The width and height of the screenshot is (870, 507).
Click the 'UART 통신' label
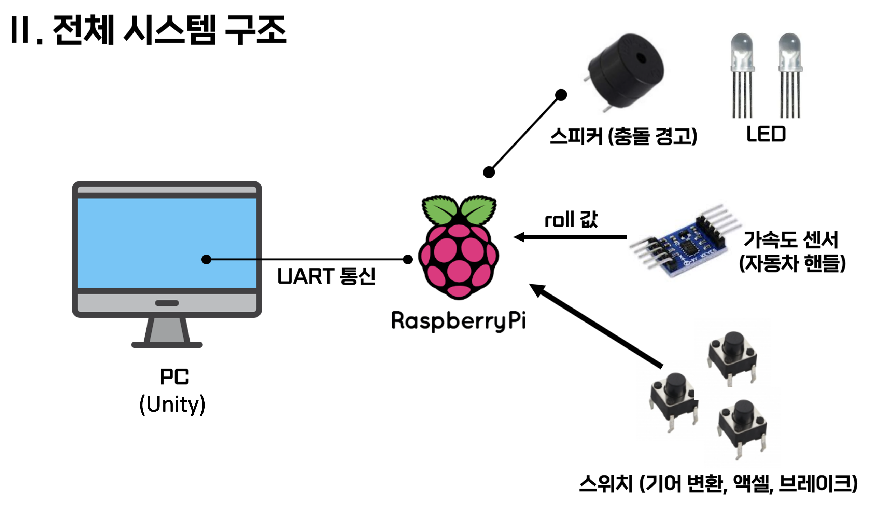tap(326, 276)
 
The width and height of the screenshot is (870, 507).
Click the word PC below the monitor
tap(174, 377)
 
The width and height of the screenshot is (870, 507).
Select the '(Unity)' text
tap(172, 405)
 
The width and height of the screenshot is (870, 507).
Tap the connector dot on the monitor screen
tap(206, 259)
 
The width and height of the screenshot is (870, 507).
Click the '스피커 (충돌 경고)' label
tap(623, 136)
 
